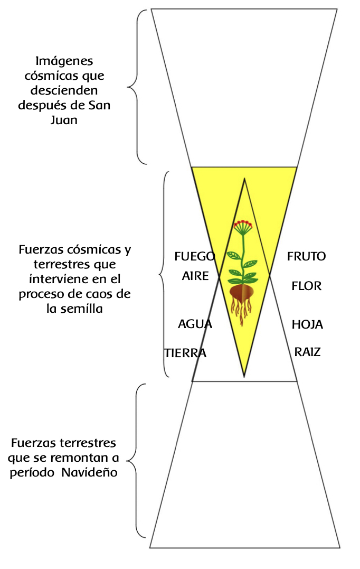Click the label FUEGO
coord(195,257)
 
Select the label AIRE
coord(195,276)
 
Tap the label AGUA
coord(195,324)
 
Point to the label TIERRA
coord(185,353)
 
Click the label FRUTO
coord(306,257)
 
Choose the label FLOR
coord(306,286)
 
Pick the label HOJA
coord(307,324)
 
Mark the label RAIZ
coord(307,352)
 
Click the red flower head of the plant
coord(243,224)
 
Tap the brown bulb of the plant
coord(243,293)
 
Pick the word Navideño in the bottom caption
coord(89,473)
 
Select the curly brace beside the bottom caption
coord(136,460)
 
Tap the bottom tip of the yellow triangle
coord(244,376)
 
